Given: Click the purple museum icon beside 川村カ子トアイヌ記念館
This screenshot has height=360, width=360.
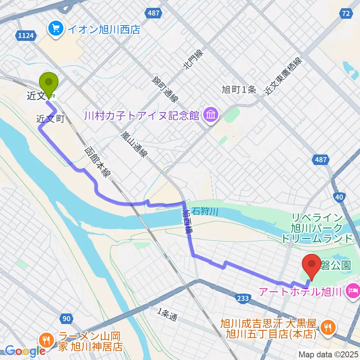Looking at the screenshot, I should coord(211,114).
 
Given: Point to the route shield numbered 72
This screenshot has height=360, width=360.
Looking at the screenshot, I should coord(346,14).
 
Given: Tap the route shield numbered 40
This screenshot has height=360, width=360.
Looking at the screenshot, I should coord(339,198).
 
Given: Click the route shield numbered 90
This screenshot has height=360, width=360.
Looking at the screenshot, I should coord(66,319).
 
